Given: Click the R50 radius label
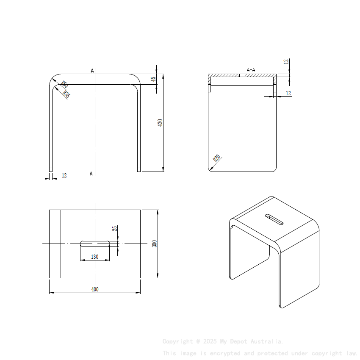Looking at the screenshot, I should click(65, 84).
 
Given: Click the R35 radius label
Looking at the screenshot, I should click(66, 94).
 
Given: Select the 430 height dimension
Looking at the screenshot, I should click(160, 123).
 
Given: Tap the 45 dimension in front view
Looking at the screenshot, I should click(154, 78).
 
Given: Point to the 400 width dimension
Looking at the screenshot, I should click(95, 289).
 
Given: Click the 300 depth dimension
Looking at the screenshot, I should click(155, 244).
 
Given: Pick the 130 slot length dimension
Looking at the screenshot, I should click(94, 257).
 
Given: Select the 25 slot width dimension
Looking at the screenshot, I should click(114, 229).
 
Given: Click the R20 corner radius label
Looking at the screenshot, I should click(217, 159).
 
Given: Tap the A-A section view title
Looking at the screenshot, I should click(251, 70).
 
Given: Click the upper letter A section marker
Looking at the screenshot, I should click(92, 71).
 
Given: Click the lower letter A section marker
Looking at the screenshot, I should click(91, 174).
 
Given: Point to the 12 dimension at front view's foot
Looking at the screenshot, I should click(64, 175).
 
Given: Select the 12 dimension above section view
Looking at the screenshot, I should click(286, 61).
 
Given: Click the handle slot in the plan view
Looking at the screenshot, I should click(95, 244).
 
